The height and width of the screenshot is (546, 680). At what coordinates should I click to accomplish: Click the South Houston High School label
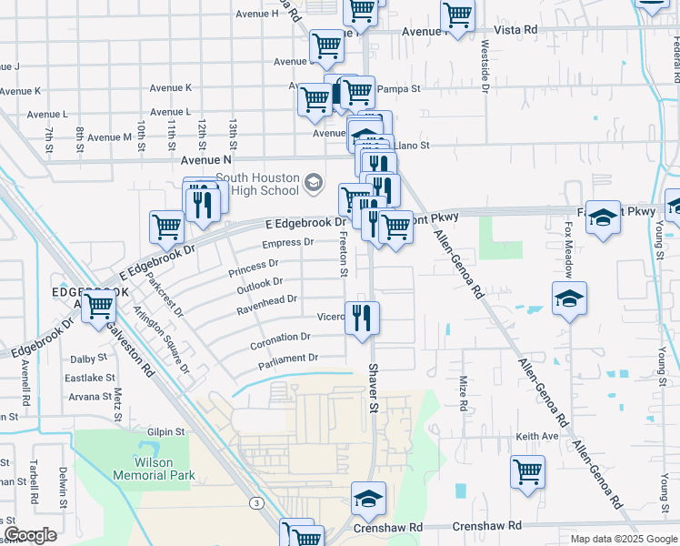[257, 184]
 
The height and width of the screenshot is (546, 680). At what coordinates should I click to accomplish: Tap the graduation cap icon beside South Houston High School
[314, 184]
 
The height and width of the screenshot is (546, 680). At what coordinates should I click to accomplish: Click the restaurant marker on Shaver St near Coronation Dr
[363, 319]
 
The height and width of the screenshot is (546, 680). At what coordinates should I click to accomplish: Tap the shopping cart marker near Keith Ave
[527, 473]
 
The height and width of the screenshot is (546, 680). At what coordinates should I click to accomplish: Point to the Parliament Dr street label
[287, 359]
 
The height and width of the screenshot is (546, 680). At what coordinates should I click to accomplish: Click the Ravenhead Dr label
[267, 299]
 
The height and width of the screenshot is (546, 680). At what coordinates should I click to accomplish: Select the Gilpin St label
[167, 432]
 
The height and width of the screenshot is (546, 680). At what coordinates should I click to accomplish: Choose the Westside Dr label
[485, 66]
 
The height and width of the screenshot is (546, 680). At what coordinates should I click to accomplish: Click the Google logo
[31, 535]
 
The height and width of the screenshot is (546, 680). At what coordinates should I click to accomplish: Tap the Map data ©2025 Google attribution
[624, 539]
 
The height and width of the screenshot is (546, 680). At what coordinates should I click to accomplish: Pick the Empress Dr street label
[287, 243]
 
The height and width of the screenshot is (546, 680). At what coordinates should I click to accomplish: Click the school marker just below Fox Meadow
[569, 299]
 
